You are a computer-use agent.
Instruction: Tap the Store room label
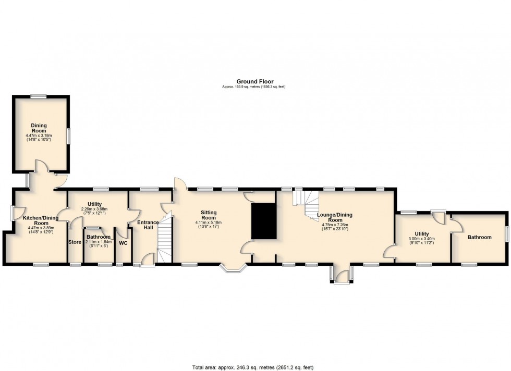(x=75, y=242)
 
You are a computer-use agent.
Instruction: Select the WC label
(x=123, y=243)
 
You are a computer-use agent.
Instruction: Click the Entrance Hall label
(x=148, y=225)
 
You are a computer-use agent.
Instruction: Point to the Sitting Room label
(x=209, y=215)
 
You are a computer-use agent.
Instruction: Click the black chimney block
(x=264, y=221)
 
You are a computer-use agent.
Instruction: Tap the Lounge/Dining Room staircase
(x=307, y=206)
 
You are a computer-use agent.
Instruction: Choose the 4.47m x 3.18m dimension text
(x=39, y=135)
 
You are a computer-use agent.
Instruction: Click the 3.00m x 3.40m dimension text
(x=422, y=239)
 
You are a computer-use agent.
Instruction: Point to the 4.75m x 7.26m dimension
(x=335, y=225)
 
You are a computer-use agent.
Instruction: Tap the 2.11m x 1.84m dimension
(x=99, y=242)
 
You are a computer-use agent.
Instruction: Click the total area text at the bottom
(x=253, y=367)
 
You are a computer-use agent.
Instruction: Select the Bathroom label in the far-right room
(x=479, y=237)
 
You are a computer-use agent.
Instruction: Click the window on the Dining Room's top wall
(x=39, y=96)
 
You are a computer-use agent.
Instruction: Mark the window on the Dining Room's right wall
(x=69, y=136)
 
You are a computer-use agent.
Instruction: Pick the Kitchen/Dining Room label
(x=41, y=220)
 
